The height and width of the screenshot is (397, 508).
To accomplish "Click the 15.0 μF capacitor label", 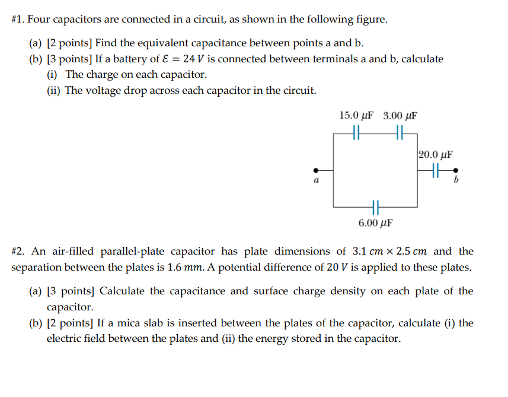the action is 356,115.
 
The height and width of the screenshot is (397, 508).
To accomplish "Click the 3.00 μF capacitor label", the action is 400,115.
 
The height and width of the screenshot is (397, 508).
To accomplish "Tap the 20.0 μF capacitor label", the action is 436,155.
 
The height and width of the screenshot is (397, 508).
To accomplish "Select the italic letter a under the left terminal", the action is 316,180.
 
